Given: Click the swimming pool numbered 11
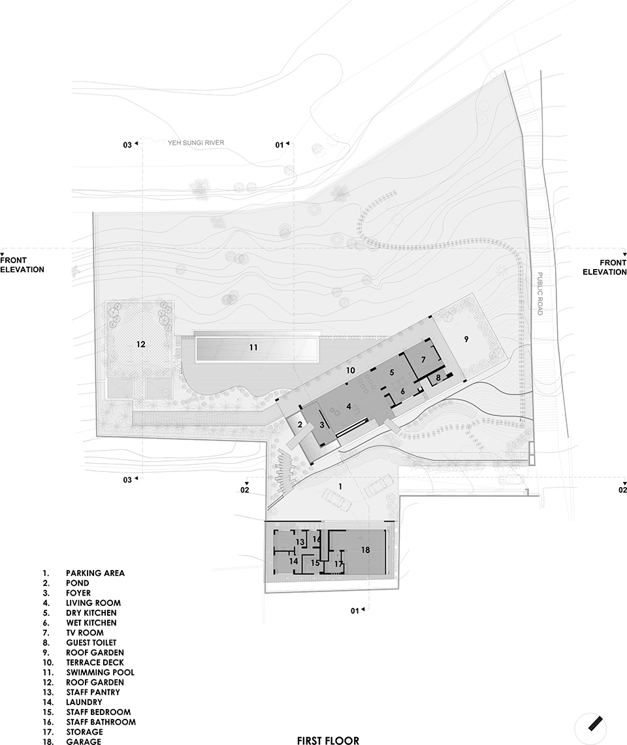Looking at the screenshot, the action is point(257,348).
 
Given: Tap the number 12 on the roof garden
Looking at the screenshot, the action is point(140,344).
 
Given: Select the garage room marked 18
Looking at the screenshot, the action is point(365,551).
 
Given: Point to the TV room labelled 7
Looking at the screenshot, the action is point(424,360).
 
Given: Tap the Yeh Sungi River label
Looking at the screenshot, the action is point(196,142).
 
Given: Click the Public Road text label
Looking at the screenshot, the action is point(539,293).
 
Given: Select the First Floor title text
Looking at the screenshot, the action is point(328,740).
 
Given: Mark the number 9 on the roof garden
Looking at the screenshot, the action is point(466,340).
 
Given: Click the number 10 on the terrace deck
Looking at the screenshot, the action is point(350,370).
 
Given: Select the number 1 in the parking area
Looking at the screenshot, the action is point(340,486).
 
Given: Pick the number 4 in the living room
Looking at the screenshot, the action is point(349,406).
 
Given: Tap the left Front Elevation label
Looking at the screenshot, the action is point(22,264).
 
